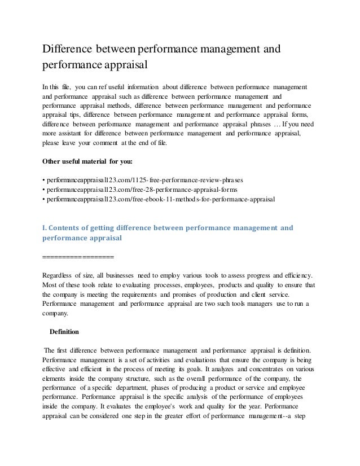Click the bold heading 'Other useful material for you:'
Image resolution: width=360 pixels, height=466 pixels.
tap(88, 161)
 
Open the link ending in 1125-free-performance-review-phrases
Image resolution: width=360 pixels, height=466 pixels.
tap(143, 181)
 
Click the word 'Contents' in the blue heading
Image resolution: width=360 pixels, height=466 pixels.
tap(69, 228)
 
